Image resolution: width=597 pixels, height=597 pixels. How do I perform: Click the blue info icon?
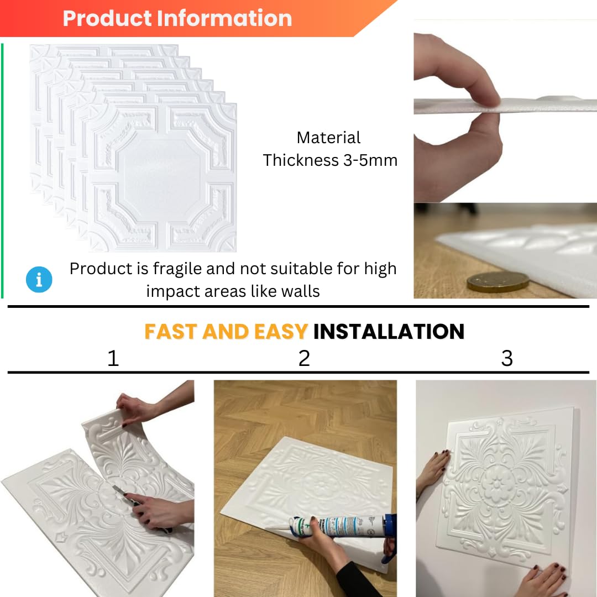(x=39, y=280)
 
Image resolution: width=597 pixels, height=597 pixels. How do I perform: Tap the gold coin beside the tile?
(x=498, y=282)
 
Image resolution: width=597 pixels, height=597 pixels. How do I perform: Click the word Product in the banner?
(x=107, y=18)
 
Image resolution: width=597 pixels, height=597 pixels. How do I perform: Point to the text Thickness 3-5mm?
(x=330, y=160)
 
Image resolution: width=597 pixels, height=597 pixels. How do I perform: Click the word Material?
(x=328, y=138)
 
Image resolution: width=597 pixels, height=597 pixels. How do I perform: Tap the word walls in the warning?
(x=300, y=291)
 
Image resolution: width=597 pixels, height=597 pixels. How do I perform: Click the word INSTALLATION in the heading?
(x=389, y=331)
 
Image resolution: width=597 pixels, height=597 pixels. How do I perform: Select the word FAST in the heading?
(x=171, y=331)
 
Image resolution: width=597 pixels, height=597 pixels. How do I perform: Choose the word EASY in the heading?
(x=281, y=331)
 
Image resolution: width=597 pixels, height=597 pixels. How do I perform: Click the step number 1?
(x=113, y=358)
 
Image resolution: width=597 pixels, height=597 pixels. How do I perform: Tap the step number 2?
(x=304, y=358)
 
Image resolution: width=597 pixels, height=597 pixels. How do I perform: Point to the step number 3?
(x=507, y=358)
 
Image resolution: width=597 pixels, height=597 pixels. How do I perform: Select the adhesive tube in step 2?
(x=339, y=526)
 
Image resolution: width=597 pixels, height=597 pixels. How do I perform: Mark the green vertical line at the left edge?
(x=2, y=171)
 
